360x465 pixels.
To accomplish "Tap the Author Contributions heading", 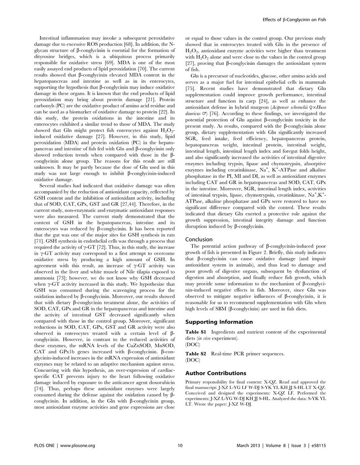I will pos(211,373).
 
